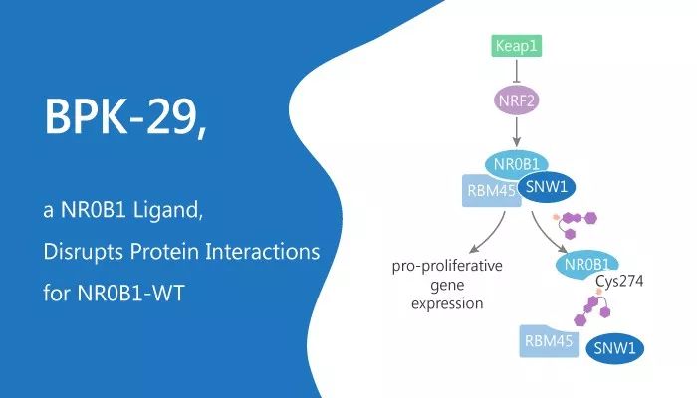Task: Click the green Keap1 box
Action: tap(517, 46)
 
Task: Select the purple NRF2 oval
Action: tap(517, 100)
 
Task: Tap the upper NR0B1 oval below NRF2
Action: tap(516, 164)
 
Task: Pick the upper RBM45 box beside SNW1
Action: tap(491, 191)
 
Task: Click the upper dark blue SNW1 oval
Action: tap(547, 187)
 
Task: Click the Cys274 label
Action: tap(619, 282)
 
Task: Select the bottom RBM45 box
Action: tap(549, 341)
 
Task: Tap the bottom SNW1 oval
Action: tap(615, 348)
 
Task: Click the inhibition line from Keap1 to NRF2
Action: tap(517, 71)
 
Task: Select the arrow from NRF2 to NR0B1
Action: tap(516, 132)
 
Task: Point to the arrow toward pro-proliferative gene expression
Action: tap(488, 233)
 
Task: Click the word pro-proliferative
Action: tap(447, 266)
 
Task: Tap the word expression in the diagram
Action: tap(447, 303)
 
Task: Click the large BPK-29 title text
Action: tap(125, 116)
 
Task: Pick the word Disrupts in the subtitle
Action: tap(84, 252)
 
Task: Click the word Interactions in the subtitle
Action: tap(262, 251)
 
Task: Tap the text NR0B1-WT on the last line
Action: tap(130, 293)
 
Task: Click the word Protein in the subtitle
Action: tap(164, 251)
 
